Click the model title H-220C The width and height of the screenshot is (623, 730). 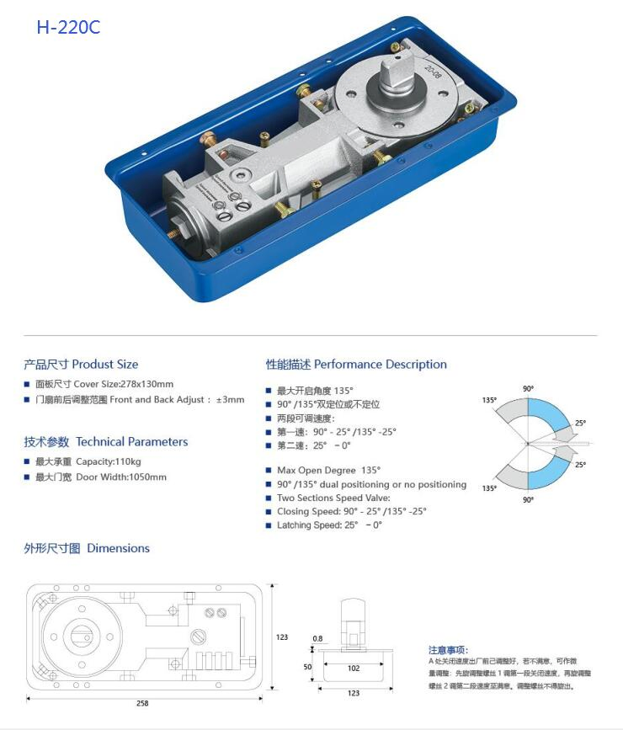67,27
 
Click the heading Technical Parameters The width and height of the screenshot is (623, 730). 106,442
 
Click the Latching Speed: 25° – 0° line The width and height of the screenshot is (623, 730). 329,525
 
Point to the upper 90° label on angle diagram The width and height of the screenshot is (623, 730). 528,389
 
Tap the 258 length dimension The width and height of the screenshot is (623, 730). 142,703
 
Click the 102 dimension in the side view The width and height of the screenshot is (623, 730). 354,669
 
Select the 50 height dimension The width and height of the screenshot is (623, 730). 307,667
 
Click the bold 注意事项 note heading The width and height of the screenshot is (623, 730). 447,650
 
